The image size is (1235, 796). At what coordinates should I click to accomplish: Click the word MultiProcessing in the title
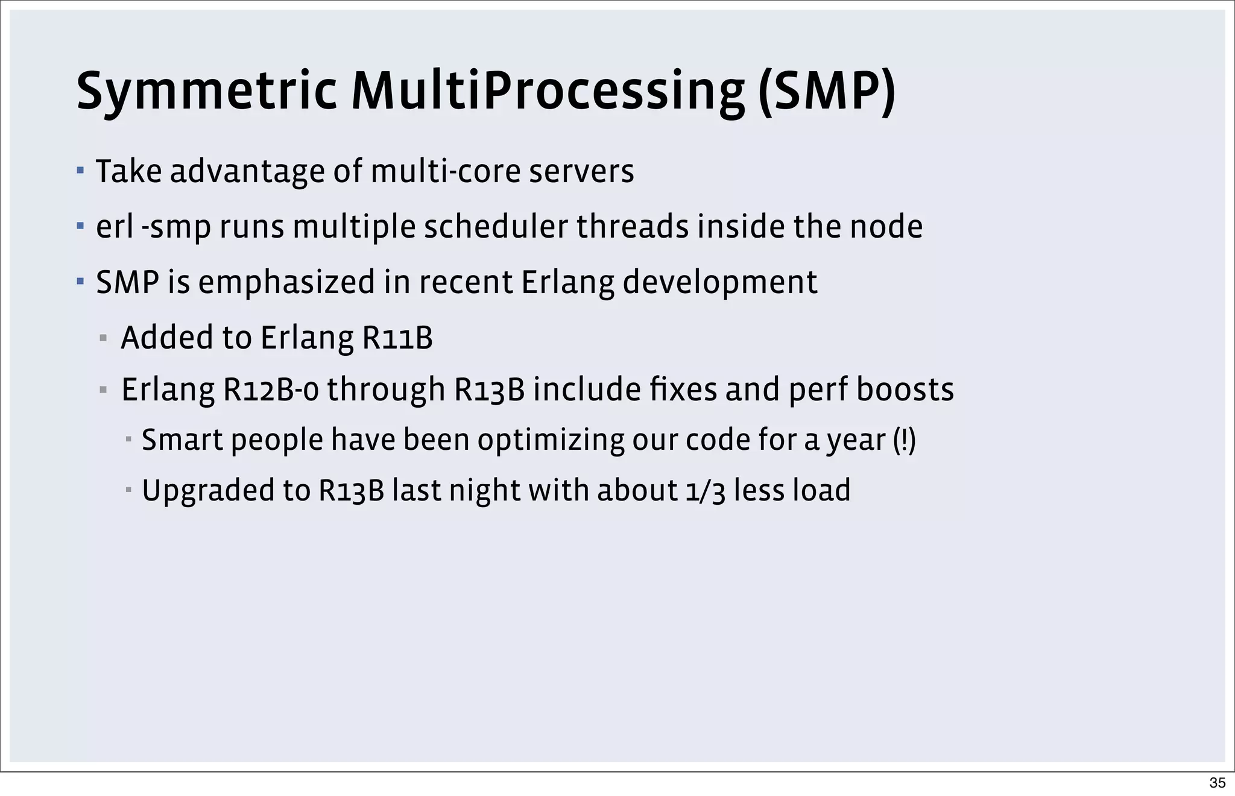548,92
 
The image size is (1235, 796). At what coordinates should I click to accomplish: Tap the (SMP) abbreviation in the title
827,92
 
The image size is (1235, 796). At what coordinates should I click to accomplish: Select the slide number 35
1217,783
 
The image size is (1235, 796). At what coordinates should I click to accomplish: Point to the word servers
581,171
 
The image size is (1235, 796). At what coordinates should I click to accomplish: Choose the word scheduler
496,227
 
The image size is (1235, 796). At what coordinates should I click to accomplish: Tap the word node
886,227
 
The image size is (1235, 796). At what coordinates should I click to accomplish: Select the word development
719,282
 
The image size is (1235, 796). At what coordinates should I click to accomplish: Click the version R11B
397,338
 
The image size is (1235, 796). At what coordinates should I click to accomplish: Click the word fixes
684,390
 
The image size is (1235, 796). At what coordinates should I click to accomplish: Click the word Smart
182,440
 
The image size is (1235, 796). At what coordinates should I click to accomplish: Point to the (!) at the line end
904,440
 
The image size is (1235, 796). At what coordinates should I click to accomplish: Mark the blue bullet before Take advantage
80,171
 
